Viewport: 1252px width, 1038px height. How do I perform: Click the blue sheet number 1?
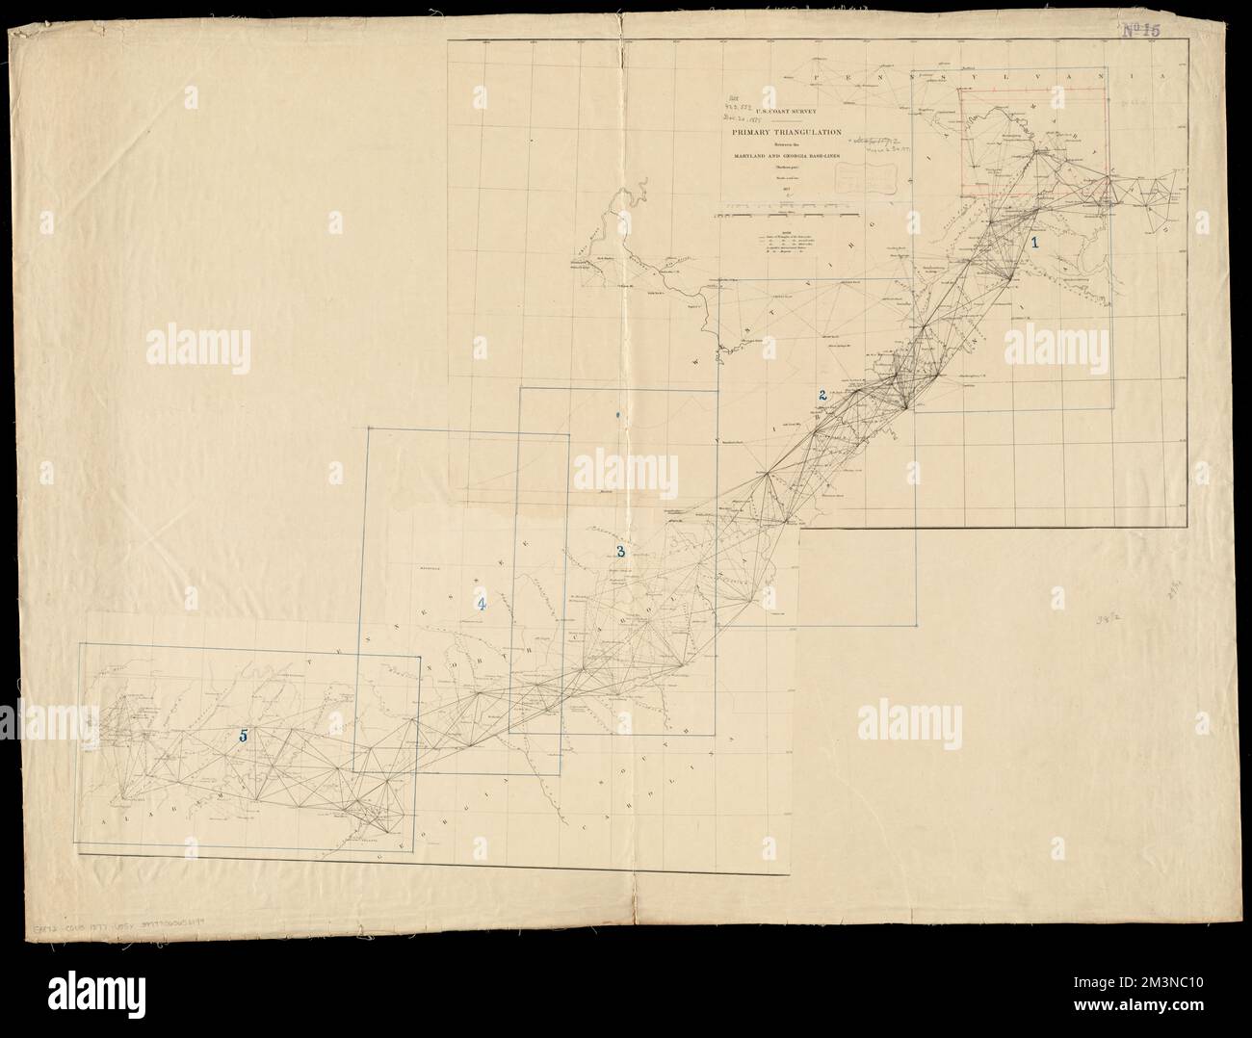tap(1035, 244)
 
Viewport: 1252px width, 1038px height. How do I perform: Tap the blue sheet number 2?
tap(822, 394)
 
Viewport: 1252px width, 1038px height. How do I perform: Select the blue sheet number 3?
tap(621, 552)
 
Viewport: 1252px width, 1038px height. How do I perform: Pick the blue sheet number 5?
tap(244, 735)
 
